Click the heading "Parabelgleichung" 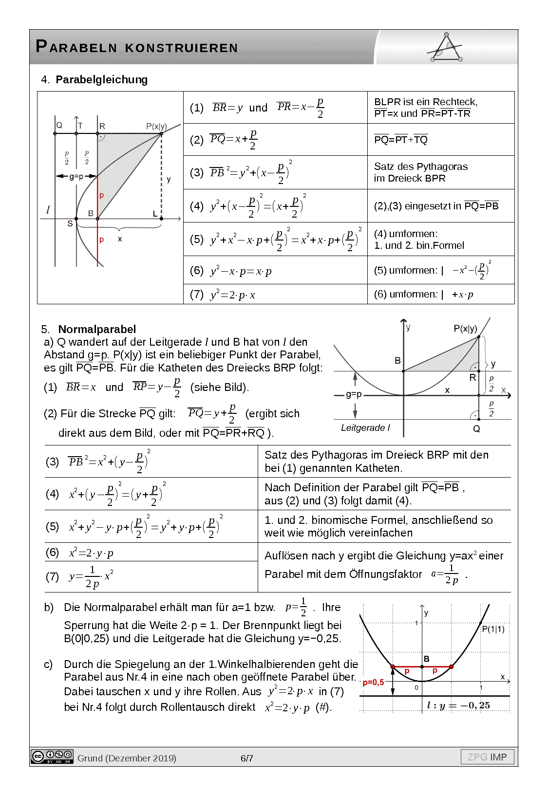pos(101,79)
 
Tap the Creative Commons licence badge pos(52,757)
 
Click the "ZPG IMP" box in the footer pos(487,757)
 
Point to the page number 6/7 pos(247,758)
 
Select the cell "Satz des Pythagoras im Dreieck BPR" pos(420,172)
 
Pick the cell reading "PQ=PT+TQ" pos(401,140)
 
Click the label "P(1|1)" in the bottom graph pos(493,629)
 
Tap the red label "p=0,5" pos(373,682)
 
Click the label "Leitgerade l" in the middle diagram pos(365,428)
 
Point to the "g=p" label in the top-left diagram pos(76,176)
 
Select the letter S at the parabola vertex pos(70,223)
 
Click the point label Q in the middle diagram pos(476,429)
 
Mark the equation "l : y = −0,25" pos(458,705)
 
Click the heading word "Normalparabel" pos(97,329)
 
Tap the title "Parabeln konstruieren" pos(137,47)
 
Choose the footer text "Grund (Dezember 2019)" pos(127,758)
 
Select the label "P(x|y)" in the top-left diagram pos(156,126)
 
